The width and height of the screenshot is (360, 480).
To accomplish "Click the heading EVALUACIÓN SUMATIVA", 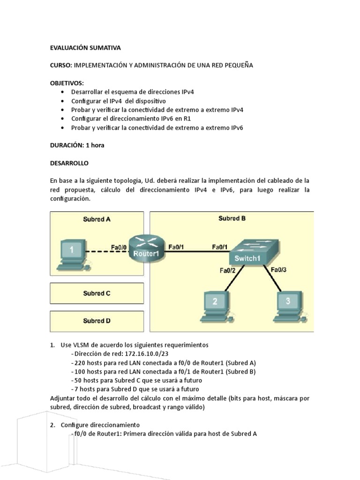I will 85,48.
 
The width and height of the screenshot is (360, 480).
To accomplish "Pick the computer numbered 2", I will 215,305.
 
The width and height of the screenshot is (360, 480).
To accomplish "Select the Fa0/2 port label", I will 227,270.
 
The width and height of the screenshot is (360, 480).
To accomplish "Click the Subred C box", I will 97,293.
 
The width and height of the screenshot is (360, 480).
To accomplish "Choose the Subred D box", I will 97,321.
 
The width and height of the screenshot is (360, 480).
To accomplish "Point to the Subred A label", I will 97,219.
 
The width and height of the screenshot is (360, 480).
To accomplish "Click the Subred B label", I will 232,218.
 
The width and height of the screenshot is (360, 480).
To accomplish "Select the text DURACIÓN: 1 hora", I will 77,145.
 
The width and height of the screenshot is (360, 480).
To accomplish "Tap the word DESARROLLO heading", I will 69,164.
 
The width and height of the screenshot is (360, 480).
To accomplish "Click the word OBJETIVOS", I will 67,83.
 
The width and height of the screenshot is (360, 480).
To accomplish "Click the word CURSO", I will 60,66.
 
